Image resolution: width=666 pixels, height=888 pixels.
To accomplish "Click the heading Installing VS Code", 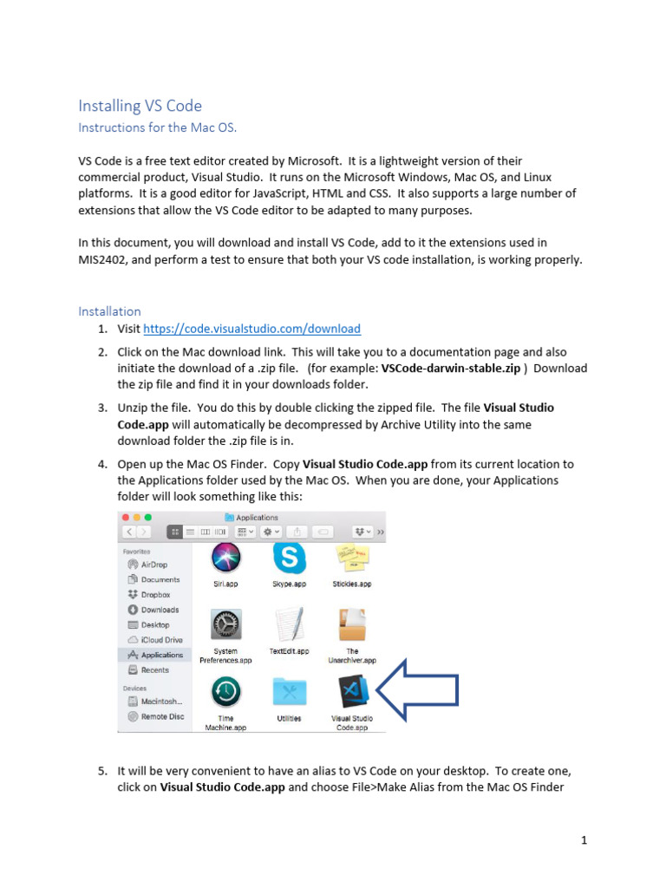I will click(x=140, y=106).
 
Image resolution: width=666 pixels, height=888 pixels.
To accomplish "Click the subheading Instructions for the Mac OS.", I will click(x=157, y=127).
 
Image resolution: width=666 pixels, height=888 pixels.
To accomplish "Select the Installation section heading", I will click(x=109, y=310).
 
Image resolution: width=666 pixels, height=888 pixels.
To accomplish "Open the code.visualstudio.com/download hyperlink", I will click(x=251, y=329).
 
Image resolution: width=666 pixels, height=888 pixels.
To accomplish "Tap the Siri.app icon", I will click(x=225, y=558).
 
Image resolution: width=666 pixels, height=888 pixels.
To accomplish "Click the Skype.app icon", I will click(x=289, y=558).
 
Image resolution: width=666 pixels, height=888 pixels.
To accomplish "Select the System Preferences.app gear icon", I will click(x=225, y=624).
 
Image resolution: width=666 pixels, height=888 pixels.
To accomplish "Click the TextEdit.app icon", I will click(x=289, y=624).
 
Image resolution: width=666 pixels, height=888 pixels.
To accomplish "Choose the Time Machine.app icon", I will click(x=225, y=692).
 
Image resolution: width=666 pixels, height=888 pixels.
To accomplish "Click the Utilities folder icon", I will click(x=289, y=692).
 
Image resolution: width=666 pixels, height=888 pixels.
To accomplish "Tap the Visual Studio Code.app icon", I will click(x=352, y=692).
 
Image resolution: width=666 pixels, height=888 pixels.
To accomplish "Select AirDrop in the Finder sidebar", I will click(x=153, y=565).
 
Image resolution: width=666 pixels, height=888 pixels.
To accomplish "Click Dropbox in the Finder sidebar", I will click(x=155, y=595).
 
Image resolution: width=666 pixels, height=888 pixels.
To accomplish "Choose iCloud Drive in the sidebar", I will click(x=161, y=640).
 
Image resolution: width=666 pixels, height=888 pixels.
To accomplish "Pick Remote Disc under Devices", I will click(x=161, y=716).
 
